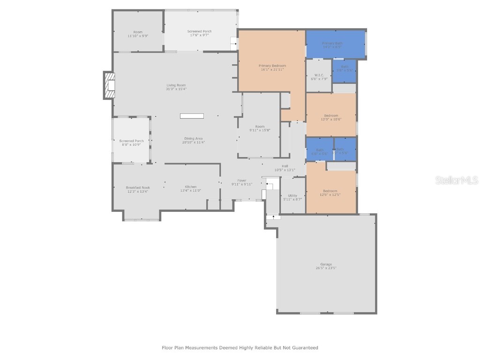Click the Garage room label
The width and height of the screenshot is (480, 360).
coord(326,266)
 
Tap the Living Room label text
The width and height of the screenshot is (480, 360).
coord(176,87)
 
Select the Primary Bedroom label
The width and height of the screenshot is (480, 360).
coord(272,67)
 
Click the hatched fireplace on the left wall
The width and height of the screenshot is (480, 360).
coord(109,85)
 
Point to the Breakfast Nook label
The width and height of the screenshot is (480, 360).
coord(125,189)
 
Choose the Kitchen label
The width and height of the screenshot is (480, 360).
coord(190,189)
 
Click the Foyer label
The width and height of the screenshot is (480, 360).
coord(242,182)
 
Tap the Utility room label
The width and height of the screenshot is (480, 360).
coord(292,197)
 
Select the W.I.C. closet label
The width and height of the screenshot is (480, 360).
coord(319,77)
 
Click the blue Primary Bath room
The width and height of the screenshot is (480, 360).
coord(335,45)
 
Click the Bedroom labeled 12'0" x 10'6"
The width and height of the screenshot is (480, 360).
coord(330,117)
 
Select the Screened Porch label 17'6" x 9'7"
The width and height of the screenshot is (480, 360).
coord(199,33)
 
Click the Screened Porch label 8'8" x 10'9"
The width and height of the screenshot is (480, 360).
coord(131,142)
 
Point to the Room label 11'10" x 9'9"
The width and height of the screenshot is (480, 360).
coord(137,34)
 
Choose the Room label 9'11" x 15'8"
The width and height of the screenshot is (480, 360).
coord(260,128)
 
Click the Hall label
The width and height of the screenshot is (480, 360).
coord(285,168)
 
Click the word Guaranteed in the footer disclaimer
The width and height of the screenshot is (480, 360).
coord(304,348)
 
